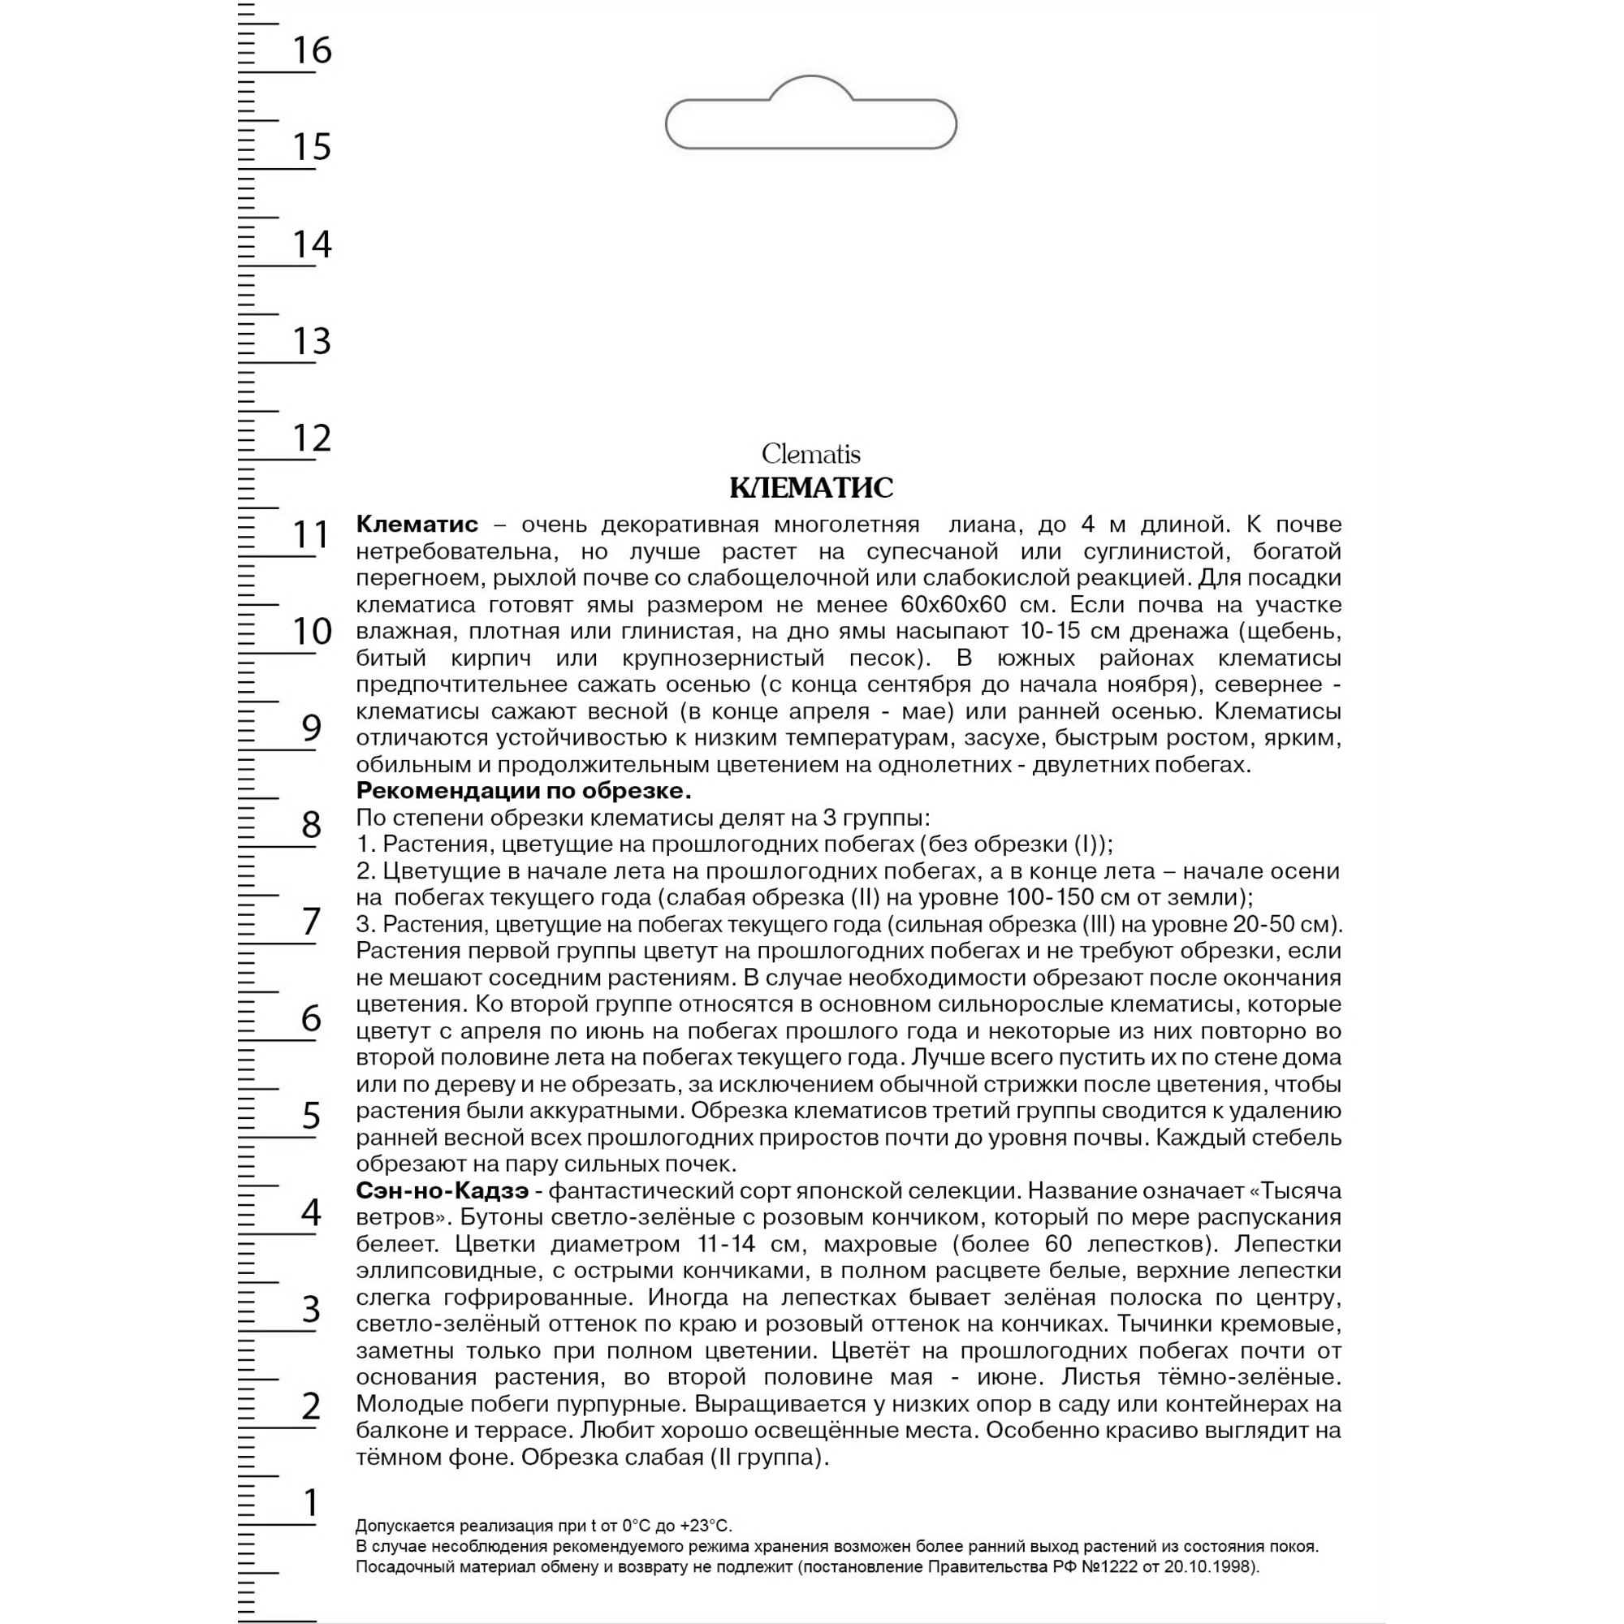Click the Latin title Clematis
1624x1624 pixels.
811,455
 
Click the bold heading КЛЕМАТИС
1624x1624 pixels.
811,487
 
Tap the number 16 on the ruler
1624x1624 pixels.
312,50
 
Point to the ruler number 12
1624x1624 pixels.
312,438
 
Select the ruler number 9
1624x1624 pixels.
312,728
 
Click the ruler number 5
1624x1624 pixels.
312,1116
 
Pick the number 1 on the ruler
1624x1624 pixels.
312,1503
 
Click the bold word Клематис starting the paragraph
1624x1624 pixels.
417,525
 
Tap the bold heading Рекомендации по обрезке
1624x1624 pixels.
524,791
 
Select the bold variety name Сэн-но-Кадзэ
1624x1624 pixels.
443,1191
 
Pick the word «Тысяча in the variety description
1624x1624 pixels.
1290,1191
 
